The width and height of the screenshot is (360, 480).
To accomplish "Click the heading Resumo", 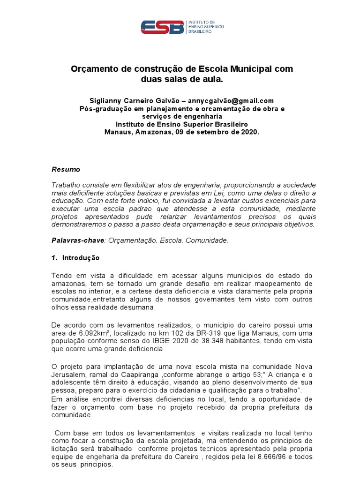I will (x=66, y=169).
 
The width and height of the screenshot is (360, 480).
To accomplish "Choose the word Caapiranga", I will (x=136, y=375).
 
